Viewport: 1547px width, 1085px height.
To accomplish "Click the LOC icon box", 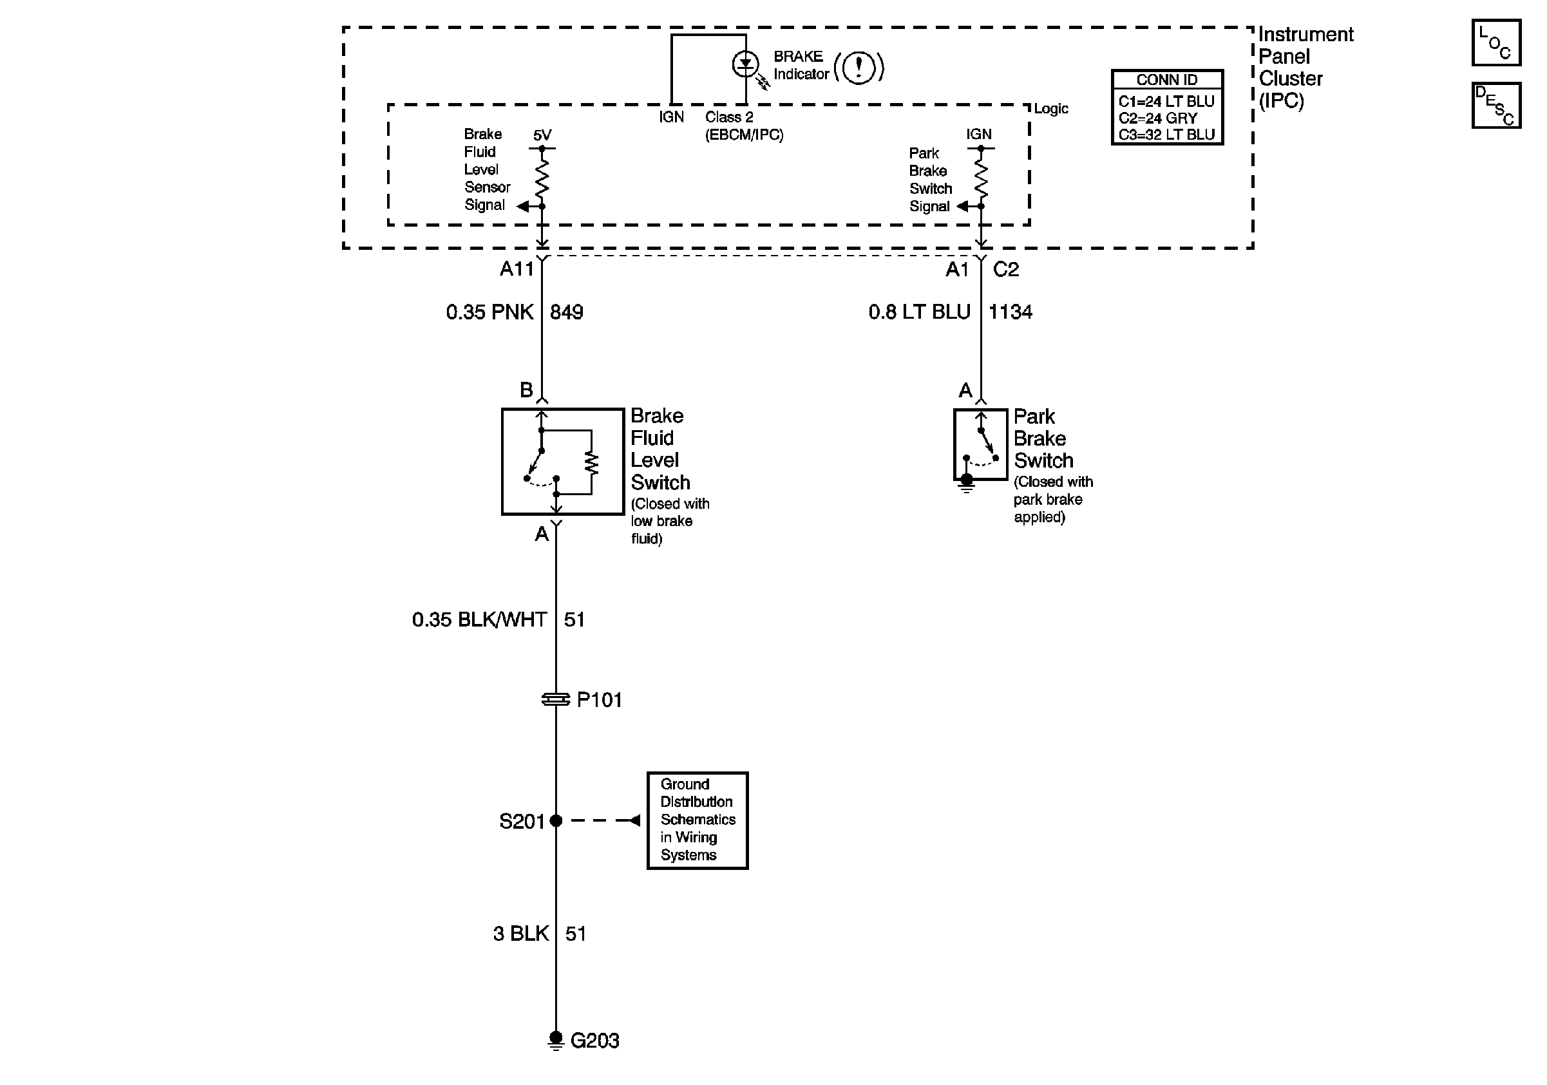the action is click(x=1495, y=42).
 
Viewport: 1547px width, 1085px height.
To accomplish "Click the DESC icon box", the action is click(x=1495, y=105).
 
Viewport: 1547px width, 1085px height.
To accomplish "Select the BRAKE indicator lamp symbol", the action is click(x=745, y=64).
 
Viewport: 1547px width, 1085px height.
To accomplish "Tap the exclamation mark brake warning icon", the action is click(x=859, y=68).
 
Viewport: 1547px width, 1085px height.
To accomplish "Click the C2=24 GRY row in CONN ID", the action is click(x=1158, y=118).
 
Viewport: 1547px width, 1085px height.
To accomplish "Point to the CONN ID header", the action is click(x=1167, y=79).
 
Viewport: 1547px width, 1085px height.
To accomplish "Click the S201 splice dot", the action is click(x=556, y=820).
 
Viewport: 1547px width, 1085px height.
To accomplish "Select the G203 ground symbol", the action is click(x=556, y=1041).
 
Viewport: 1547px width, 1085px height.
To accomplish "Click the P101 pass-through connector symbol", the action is click(x=556, y=700).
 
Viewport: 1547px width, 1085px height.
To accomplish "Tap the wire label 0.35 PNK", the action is click(x=490, y=312).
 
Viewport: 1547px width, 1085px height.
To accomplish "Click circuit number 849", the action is click(x=567, y=312).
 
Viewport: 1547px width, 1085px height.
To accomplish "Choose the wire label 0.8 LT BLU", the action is click(x=919, y=312).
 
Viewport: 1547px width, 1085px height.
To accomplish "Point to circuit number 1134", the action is click(x=1010, y=312).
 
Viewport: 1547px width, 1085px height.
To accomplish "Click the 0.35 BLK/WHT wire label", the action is click(x=479, y=619).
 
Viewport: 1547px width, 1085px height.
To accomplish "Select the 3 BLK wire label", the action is click(x=521, y=934).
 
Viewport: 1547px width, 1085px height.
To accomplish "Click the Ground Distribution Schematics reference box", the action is click(x=698, y=820).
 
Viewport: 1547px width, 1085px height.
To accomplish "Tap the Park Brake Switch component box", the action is click(x=980, y=444).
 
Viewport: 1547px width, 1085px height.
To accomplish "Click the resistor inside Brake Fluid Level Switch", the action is click(x=592, y=463).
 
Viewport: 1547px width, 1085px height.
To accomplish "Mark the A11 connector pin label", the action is click(x=517, y=269).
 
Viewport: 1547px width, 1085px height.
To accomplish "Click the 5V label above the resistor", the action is click(x=542, y=135).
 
